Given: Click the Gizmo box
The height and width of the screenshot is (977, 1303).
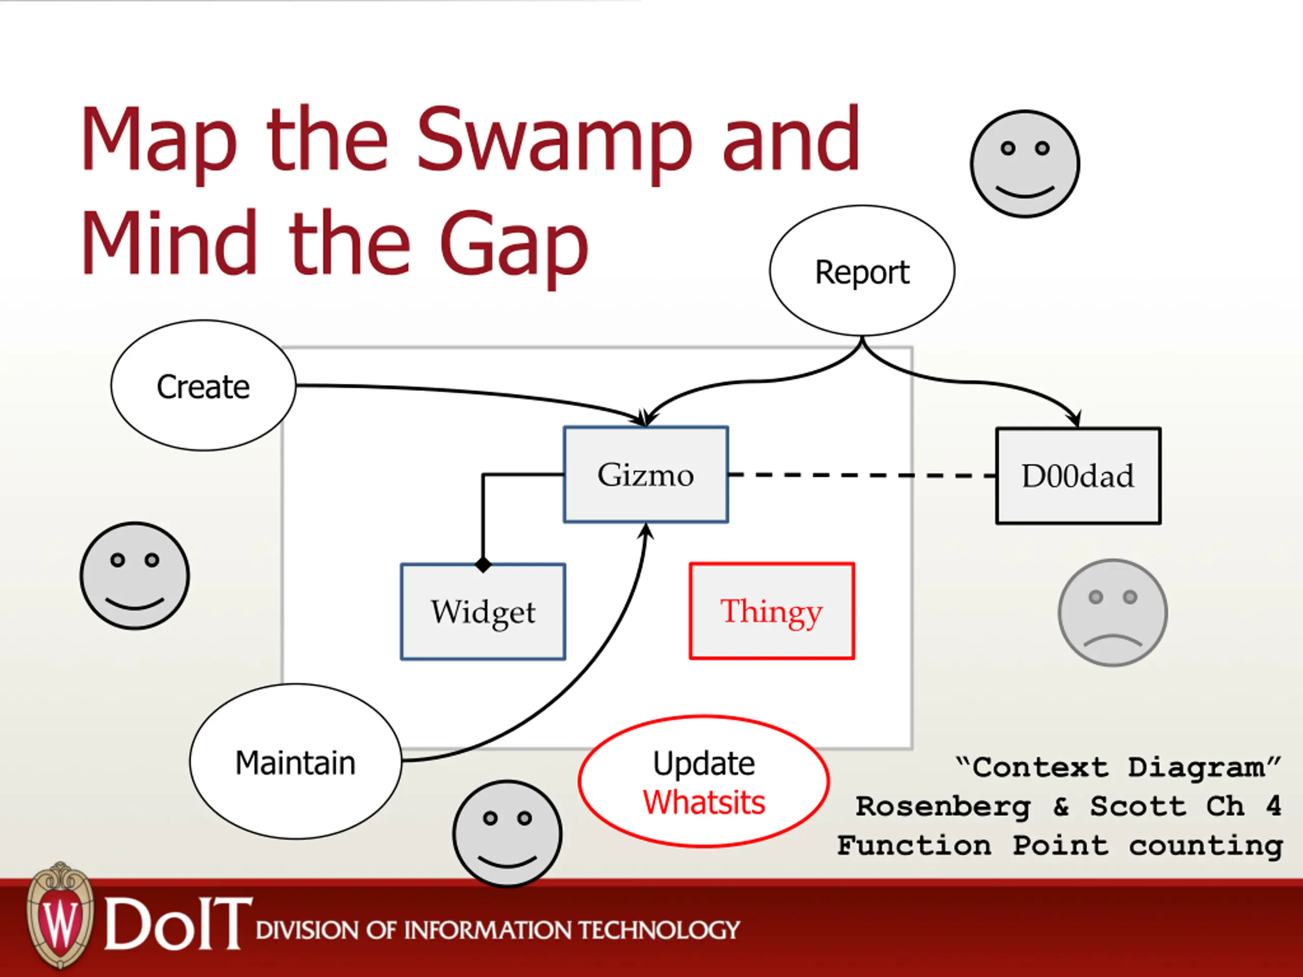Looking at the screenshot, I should click(x=645, y=474).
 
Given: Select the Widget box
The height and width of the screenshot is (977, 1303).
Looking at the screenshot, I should click(x=483, y=611).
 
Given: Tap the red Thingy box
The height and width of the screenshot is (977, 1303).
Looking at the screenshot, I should click(x=772, y=611).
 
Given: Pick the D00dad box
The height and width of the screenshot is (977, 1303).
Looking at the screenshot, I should click(x=1078, y=476).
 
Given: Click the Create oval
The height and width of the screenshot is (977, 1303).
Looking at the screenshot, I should click(x=203, y=386).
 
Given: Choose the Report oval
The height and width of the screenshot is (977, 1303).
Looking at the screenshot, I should click(x=862, y=271).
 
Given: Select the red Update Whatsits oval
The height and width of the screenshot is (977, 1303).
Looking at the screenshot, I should click(x=704, y=782).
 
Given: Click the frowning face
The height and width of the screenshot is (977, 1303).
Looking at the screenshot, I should click(x=1112, y=613).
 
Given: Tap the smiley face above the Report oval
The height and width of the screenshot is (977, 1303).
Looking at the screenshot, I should click(x=1025, y=164).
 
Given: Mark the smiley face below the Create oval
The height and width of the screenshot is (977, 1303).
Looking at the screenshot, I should click(x=135, y=576).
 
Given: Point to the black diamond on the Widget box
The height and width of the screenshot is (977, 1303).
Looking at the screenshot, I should click(x=483, y=565).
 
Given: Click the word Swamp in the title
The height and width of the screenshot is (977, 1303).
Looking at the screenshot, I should click(x=554, y=141).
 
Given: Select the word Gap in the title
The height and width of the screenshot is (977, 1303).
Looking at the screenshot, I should click(x=514, y=244).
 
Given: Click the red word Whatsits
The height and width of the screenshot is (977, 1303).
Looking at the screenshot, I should click(x=704, y=802).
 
